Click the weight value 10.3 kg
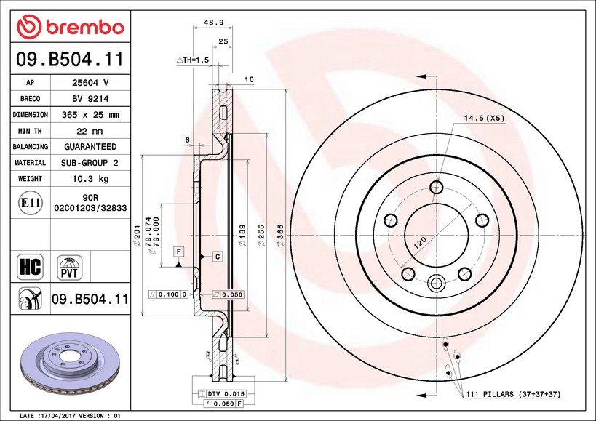pyautogui.click(x=90, y=178)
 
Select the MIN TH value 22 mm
pyautogui.click(x=90, y=131)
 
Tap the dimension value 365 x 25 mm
pyautogui.click(x=90, y=115)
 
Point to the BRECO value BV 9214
pyautogui.click(x=90, y=99)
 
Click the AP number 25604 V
pyautogui.click(x=90, y=83)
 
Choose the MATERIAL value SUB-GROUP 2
pyautogui.click(x=90, y=162)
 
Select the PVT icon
pyautogui.click(x=71, y=267)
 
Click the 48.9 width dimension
pyautogui.click(x=212, y=23)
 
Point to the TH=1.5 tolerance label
pyautogui.click(x=193, y=59)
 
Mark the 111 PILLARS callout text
pyautogui.click(x=514, y=393)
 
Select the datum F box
pyautogui.click(x=178, y=252)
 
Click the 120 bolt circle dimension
pyautogui.click(x=420, y=243)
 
